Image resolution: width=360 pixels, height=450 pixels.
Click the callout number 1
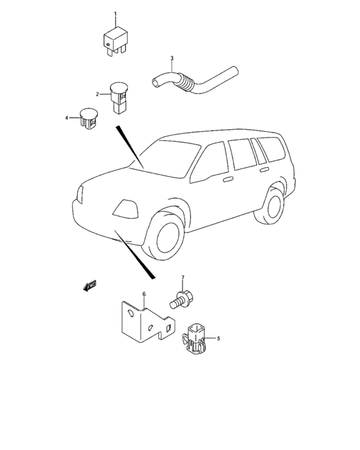[115, 14]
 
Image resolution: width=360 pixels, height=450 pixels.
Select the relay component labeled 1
[116, 41]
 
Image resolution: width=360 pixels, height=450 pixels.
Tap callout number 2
[97, 94]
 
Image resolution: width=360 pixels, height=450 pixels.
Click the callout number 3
[172, 59]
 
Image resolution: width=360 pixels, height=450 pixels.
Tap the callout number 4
[67, 118]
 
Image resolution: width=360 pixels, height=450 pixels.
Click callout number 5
[218, 338]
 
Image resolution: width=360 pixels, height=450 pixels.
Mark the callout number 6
[144, 294]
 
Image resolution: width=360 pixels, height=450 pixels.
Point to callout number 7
[182, 278]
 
